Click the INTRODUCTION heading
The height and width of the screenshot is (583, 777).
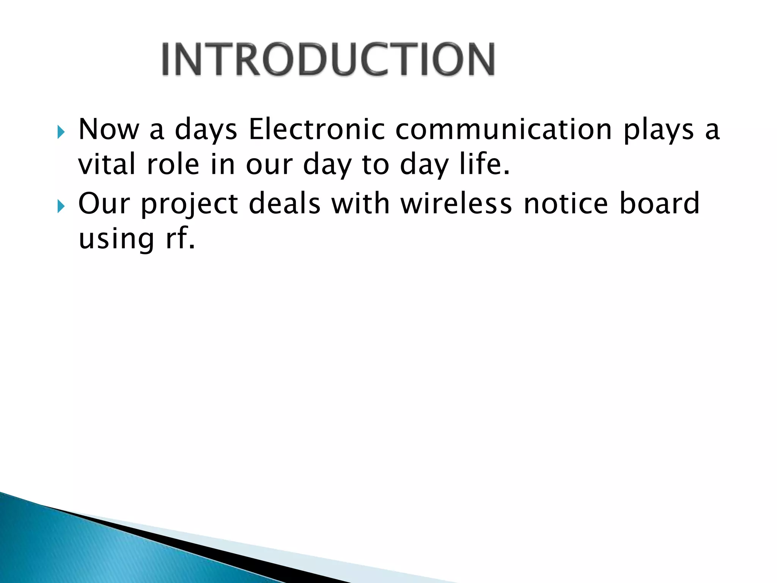pos(328,60)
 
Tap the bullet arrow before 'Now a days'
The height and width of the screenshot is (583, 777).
pos(61,133)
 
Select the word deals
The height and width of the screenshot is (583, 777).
pos(285,203)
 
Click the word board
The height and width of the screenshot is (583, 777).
pos(659,203)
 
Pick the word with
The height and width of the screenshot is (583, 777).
pos(360,203)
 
